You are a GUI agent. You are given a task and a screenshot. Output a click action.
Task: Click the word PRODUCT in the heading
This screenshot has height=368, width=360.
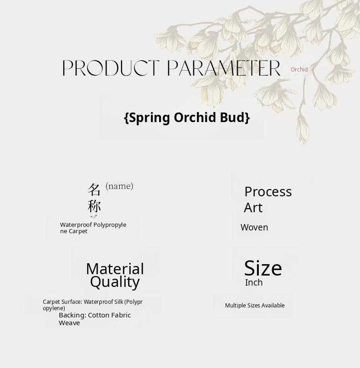click(111, 68)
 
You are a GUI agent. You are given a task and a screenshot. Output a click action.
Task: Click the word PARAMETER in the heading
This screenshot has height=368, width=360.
click(224, 68)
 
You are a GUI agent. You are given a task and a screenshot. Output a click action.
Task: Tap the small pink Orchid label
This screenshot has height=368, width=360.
click(299, 70)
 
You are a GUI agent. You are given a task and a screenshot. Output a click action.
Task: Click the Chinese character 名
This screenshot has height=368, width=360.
click(94, 189)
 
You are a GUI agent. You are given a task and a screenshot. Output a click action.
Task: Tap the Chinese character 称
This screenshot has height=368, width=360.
click(94, 206)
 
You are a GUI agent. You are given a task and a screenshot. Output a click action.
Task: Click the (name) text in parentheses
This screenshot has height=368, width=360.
click(119, 186)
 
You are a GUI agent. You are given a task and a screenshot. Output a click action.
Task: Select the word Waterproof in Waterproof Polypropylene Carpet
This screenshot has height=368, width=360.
click(76, 225)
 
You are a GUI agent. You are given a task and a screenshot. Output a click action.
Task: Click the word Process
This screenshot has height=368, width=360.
click(268, 192)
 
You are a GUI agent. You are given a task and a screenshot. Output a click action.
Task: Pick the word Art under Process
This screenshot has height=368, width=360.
click(253, 208)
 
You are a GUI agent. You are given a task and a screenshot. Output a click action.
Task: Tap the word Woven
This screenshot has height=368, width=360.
click(254, 227)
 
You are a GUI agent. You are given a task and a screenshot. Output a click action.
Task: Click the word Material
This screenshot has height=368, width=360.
click(115, 269)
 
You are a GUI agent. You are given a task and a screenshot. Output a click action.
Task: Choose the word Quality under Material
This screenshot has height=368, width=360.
click(115, 282)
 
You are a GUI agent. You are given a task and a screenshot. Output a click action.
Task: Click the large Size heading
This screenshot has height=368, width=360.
click(263, 268)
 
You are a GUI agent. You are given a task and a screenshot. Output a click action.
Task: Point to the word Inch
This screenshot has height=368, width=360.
click(254, 282)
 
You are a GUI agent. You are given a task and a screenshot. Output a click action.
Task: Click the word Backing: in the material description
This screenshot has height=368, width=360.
click(72, 315)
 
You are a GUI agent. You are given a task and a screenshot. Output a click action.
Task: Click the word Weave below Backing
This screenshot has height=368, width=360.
click(69, 323)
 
